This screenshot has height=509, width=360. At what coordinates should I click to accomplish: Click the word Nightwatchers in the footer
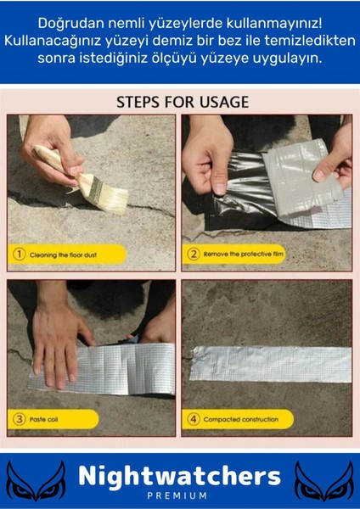[x=179, y=477]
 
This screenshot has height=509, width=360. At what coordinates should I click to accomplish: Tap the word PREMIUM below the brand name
[x=177, y=495]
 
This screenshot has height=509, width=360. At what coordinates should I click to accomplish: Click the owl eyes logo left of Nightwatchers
[x=36, y=479]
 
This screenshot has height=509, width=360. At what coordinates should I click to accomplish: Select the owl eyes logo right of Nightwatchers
[x=323, y=479]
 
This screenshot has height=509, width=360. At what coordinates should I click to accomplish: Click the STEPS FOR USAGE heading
[x=183, y=103]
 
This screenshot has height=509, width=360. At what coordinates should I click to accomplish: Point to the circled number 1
[x=20, y=255]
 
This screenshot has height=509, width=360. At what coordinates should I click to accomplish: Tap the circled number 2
[x=194, y=255]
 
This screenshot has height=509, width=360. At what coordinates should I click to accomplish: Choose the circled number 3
[x=20, y=419]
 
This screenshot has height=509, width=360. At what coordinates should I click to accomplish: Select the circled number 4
[x=194, y=419]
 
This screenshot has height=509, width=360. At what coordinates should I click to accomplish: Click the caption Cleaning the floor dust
[x=64, y=255]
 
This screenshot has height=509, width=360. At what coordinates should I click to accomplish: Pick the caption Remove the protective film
[x=244, y=255]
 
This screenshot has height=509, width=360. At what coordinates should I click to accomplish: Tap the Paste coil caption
[x=44, y=419]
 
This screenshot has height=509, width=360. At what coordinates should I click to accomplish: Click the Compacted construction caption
[x=241, y=419]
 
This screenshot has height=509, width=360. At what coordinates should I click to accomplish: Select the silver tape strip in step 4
[x=270, y=364]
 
